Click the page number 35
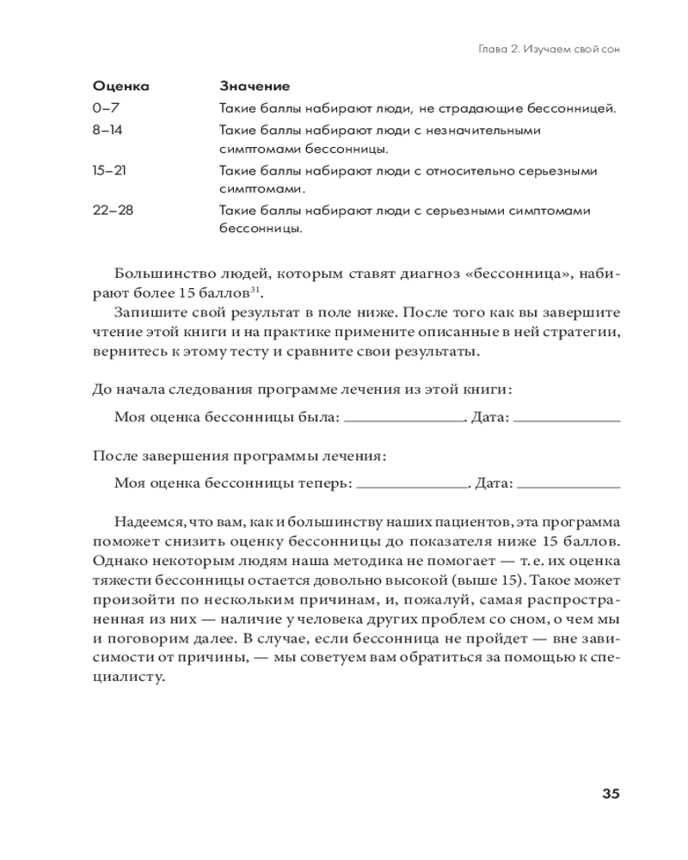[606, 794]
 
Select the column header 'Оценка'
[120, 87]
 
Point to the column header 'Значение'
[255, 87]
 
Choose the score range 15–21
[109, 170]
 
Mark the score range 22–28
[113, 210]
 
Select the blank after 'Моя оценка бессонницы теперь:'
[411, 484]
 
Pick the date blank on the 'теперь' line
[568, 484]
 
